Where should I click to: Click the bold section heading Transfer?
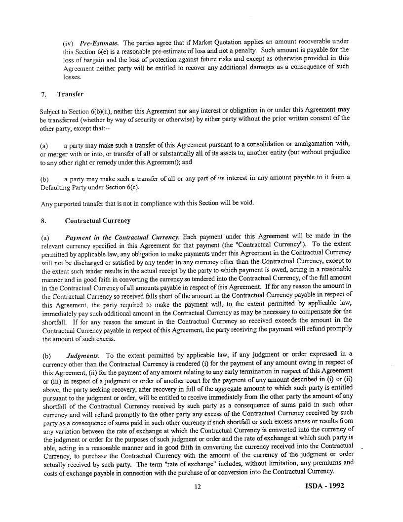70,94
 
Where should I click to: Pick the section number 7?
44,94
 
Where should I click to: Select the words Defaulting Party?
62,186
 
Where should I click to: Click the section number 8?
44,220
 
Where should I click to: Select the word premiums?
325,463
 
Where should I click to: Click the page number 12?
198,487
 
